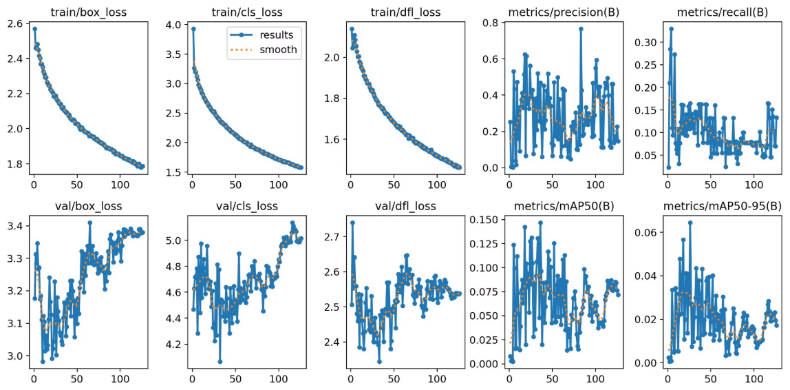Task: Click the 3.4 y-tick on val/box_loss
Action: [x=14, y=226]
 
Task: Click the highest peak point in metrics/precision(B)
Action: [x=581, y=28]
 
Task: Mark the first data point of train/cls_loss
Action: [x=193, y=29]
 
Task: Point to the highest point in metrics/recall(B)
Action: [x=672, y=29]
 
